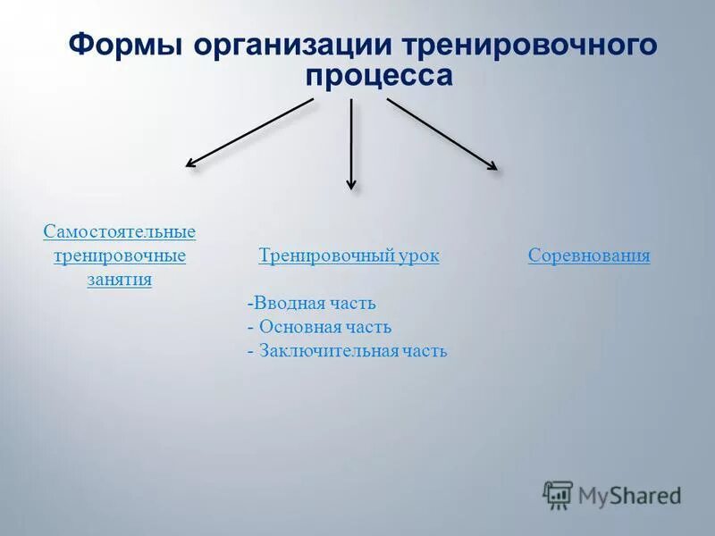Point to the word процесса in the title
point(380,76)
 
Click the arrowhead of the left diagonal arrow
point(190,163)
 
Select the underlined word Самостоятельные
point(119,232)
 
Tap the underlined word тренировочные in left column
point(119,256)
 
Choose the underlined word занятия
point(119,280)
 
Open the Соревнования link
point(589,256)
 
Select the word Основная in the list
point(299,328)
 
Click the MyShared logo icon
point(558,494)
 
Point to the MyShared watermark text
point(629,495)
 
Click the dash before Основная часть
point(250,328)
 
